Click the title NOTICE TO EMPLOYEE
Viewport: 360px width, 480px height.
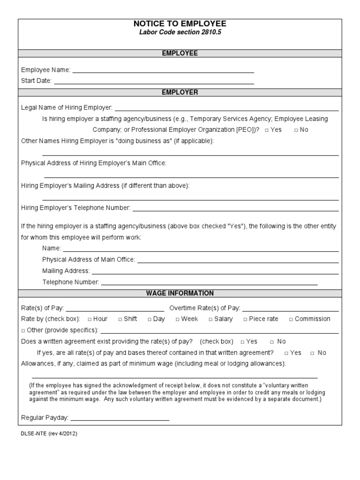click(180, 23)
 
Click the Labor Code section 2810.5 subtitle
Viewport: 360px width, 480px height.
click(180, 32)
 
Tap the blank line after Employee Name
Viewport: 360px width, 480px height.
click(163, 72)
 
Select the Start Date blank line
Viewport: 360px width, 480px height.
click(154, 83)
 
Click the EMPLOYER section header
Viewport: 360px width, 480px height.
click(180, 92)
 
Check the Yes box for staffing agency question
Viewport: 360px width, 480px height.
click(266, 130)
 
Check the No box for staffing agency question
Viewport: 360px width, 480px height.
click(296, 130)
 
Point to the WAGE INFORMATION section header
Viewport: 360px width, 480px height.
click(180, 293)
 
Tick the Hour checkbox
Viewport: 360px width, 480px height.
click(90, 319)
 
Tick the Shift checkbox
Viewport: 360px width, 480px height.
click(120, 319)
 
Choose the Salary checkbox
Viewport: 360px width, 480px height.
click(210, 319)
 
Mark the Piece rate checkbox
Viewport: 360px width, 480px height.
click(245, 319)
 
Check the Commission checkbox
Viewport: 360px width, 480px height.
click(291, 319)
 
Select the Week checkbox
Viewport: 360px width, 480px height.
click(178, 319)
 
